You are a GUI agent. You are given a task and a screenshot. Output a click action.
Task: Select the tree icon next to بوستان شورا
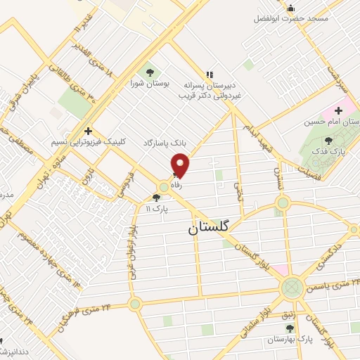pyautogui.click(x=148, y=72)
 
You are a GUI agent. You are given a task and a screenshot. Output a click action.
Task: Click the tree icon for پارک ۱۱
pyautogui.click(x=156, y=198)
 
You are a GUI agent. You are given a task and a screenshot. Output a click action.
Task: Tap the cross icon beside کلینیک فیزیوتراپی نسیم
pyautogui.click(x=88, y=131)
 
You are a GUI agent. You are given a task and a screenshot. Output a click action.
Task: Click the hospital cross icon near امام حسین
pyautogui.click(x=338, y=110)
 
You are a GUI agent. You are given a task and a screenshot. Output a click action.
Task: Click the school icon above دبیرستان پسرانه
pyautogui.click(x=208, y=74)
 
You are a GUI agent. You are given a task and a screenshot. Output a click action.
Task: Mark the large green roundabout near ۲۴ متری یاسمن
pyautogui.click(x=292, y=287)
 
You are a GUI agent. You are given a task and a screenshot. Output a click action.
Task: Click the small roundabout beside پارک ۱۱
pyautogui.click(x=164, y=187)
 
